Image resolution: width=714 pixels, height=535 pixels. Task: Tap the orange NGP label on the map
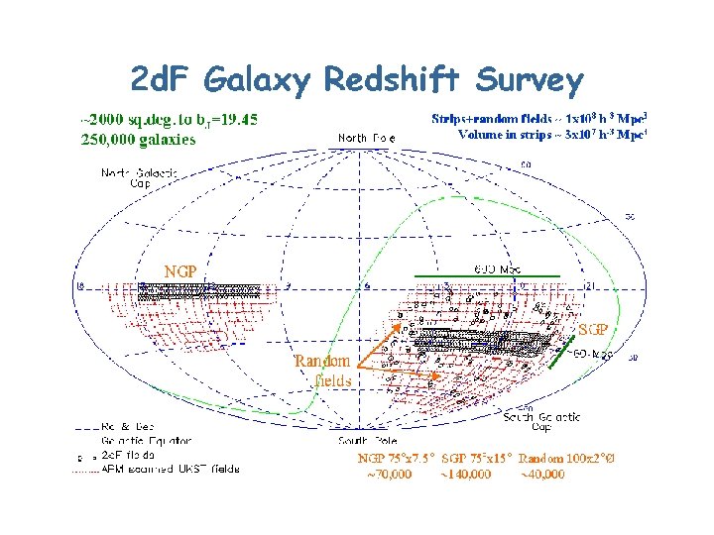(x=180, y=270)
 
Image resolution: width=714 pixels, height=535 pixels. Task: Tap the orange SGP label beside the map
(x=593, y=329)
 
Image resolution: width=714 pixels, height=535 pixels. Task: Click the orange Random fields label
(x=323, y=370)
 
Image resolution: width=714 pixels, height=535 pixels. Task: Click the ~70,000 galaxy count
(x=386, y=475)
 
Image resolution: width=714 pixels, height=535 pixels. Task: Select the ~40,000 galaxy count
(x=540, y=475)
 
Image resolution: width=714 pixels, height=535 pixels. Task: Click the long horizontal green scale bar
(x=488, y=271)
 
